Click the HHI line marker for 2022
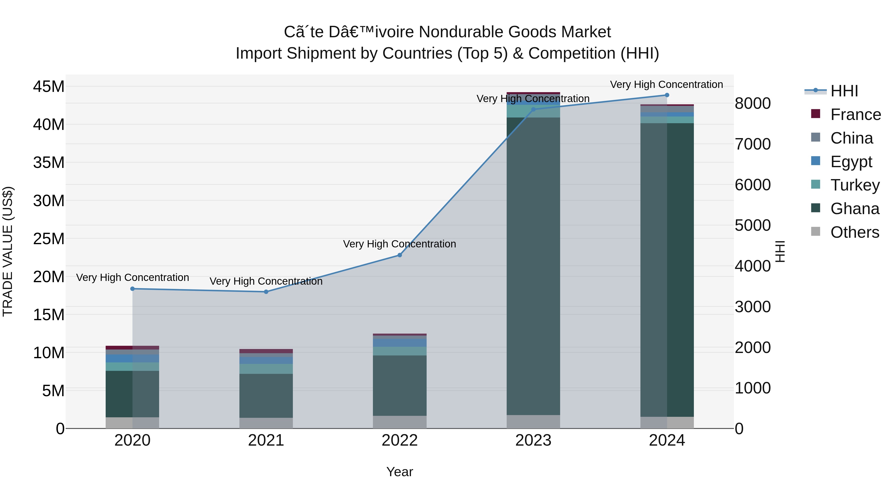[x=400, y=255]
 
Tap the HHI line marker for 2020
[x=132, y=289]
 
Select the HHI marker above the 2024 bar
[x=667, y=95]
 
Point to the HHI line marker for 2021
[x=266, y=292]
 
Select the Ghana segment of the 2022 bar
[x=400, y=385]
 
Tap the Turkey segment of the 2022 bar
[x=400, y=351]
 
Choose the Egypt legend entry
[x=851, y=162]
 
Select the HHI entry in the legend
[x=844, y=91]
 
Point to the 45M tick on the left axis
[x=49, y=86]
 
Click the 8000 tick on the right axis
[x=753, y=103]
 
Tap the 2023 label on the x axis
[x=533, y=440]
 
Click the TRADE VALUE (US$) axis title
[x=8, y=251]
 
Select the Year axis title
[x=400, y=472]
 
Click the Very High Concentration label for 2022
[x=400, y=244]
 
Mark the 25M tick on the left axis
[x=49, y=239]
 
